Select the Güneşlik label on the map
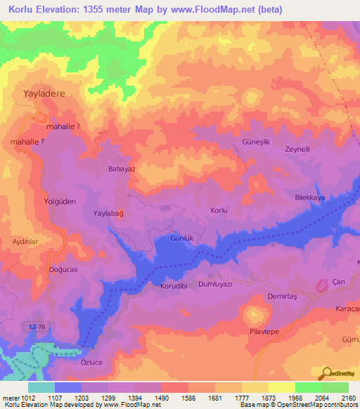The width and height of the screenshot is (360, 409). coord(236,142)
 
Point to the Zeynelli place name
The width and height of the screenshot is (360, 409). coord(298,149)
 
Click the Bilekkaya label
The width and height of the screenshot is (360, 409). coord(310,199)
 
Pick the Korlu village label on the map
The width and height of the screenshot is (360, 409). coord(219,210)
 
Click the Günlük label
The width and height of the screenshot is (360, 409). coord(182,238)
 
